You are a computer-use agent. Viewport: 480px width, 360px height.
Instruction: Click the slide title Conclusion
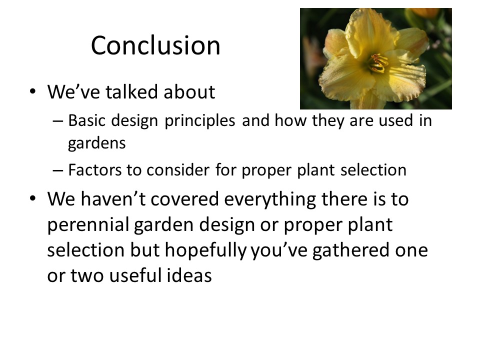tap(155, 45)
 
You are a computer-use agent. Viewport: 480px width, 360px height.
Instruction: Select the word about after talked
tap(189, 91)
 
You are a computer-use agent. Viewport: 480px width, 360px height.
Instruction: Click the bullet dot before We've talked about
tap(32, 91)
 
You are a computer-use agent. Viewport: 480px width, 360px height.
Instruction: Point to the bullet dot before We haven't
tap(32, 198)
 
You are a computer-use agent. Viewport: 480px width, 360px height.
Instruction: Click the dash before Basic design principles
tap(58, 121)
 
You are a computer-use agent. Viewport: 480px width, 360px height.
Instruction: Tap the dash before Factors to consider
tap(58, 170)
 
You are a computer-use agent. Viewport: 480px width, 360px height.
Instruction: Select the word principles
tap(200, 121)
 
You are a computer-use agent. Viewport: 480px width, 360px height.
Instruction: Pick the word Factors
tap(94, 169)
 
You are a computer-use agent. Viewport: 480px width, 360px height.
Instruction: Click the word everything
tap(270, 199)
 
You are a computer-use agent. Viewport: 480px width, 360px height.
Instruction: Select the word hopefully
tap(205, 250)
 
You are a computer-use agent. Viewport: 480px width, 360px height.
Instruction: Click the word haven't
tap(113, 199)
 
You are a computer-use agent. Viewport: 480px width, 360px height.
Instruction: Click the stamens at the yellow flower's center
tap(378, 63)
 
